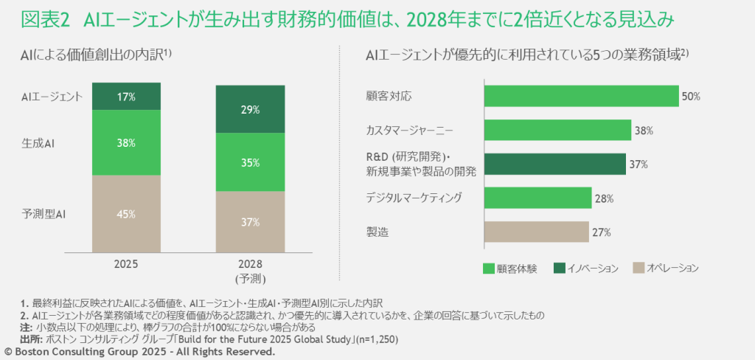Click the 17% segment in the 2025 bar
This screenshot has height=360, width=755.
(125, 96)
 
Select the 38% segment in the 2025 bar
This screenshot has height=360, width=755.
(125, 142)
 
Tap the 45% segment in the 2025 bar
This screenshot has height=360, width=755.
(125, 214)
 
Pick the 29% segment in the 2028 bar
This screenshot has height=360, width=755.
(250, 109)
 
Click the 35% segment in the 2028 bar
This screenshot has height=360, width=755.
(250, 162)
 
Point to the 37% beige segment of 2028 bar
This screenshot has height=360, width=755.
(250, 221)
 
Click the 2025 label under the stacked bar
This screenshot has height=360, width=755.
(125, 264)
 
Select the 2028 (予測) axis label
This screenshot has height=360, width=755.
(250, 271)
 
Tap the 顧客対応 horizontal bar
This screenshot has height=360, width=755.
(580, 97)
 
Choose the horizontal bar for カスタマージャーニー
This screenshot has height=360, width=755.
(557, 131)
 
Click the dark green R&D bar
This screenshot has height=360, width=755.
(554, 165)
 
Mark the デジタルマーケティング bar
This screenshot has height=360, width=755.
(537, 198)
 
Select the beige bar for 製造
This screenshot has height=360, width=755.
(536, 232)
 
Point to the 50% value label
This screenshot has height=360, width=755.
(691, 97)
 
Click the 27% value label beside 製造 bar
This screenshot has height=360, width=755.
(601, 232)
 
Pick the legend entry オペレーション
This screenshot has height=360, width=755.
(672, 268)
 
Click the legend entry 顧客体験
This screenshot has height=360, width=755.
(517, 268)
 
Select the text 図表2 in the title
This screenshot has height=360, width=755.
(44, 21)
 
